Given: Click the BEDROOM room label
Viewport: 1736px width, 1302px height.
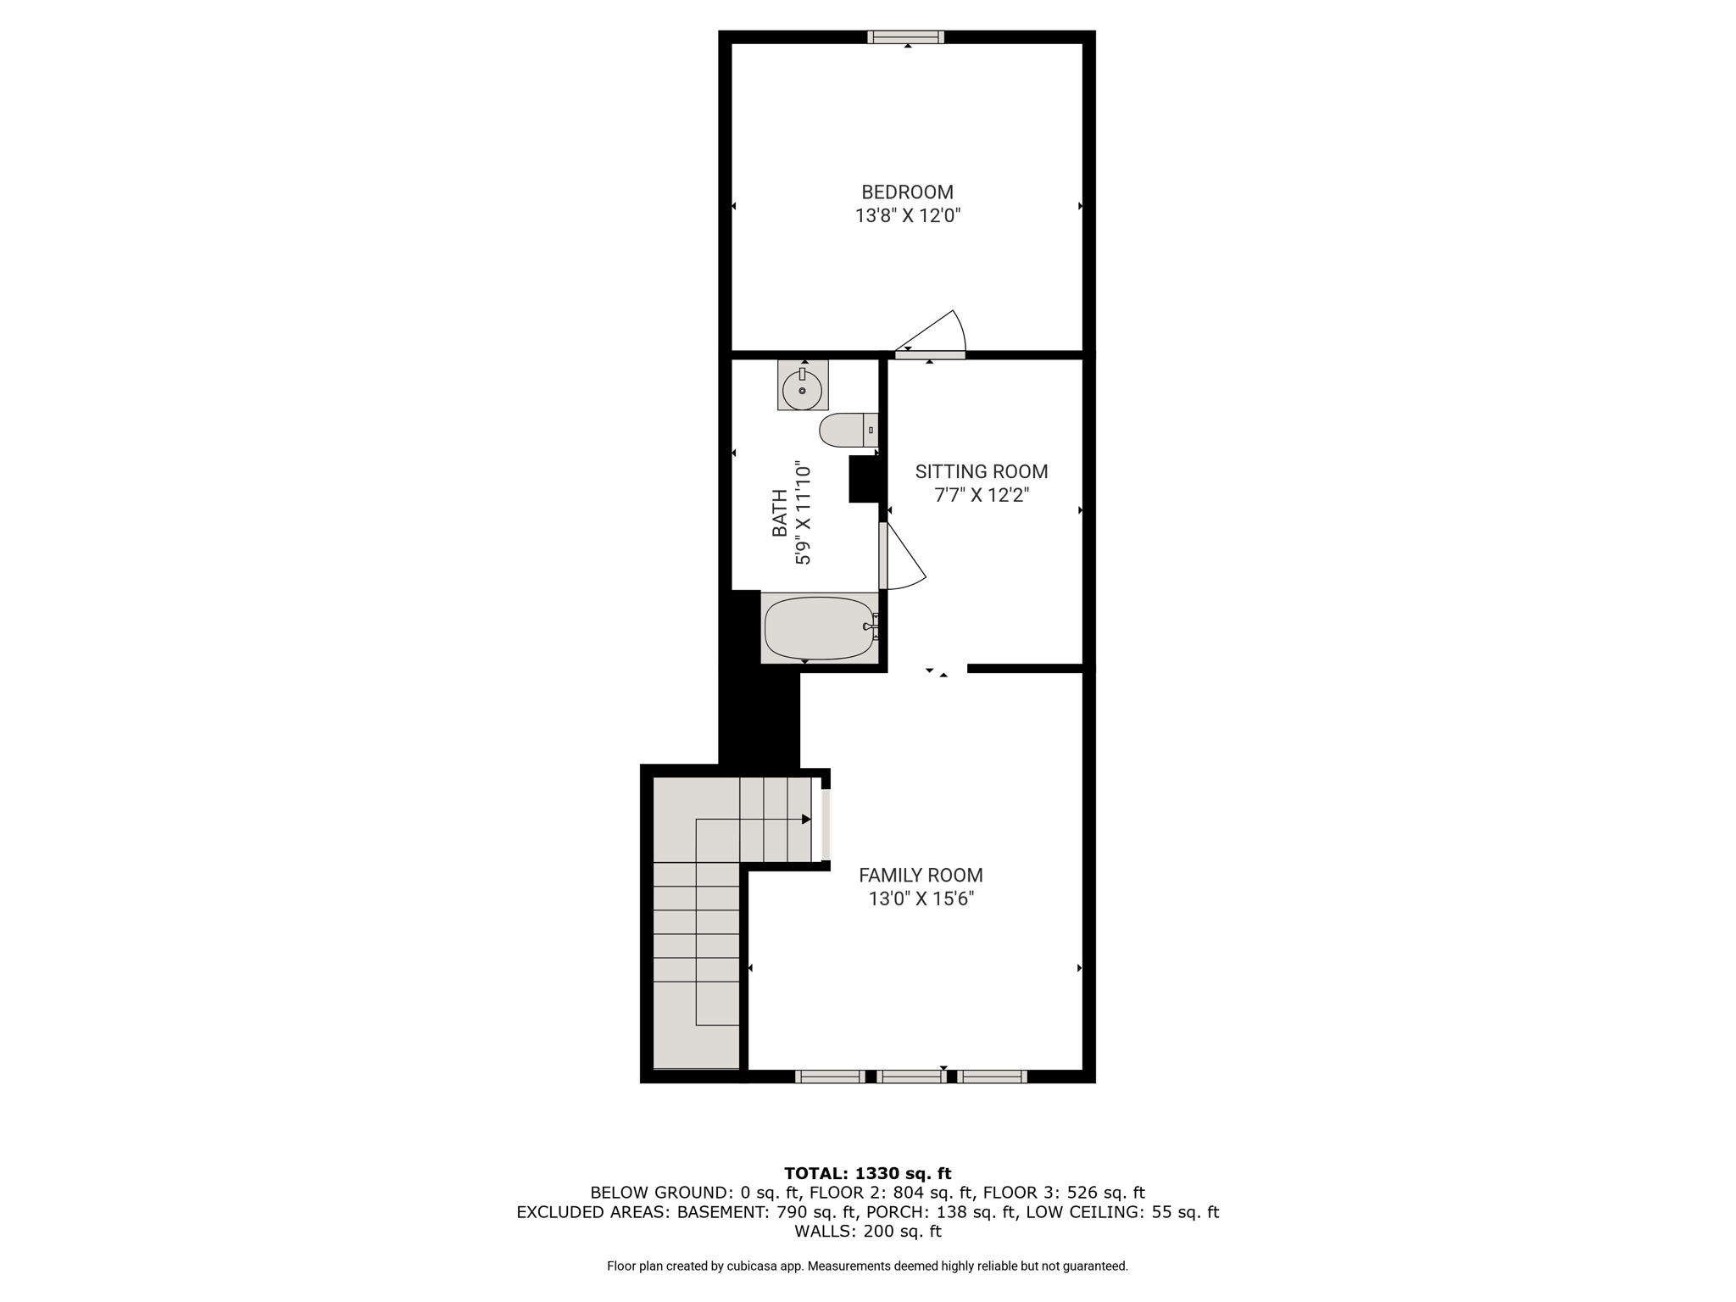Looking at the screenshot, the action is click(x=907, y=192).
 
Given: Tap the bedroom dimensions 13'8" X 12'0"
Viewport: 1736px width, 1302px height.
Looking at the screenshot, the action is click(x=907, y=216).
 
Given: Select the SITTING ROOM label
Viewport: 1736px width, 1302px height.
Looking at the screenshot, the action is click(x=982, y=471).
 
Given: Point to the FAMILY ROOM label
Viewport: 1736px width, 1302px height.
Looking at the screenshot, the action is click(x=921, y=875).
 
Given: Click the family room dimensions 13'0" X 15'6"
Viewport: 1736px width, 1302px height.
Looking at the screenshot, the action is click(x=921, y=899).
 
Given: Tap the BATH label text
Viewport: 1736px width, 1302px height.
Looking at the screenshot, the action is click(x=779, y=514).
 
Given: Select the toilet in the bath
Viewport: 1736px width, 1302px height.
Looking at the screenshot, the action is click(x=849, y=430).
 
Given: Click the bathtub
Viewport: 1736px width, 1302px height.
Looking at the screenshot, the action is click(x=820, y=628).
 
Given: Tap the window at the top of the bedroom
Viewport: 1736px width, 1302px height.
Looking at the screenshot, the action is click(x=905, y=36).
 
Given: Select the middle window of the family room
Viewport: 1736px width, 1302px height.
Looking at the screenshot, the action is click(x=911, y=1077).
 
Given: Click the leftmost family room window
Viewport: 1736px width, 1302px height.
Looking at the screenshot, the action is click(x=830, y=1077).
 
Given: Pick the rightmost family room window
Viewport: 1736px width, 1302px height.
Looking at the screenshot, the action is click(x=992, y=1077).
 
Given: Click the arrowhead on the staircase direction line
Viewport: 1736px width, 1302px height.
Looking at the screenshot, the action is click(x=806, y=819).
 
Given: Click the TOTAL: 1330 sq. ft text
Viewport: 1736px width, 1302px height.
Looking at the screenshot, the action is click(x=867, y=1173).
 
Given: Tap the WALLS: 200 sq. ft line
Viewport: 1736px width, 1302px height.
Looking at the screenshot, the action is click(x=867, y=1232).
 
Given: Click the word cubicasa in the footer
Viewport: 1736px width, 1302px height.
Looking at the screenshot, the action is click(x=752, y=1266).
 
